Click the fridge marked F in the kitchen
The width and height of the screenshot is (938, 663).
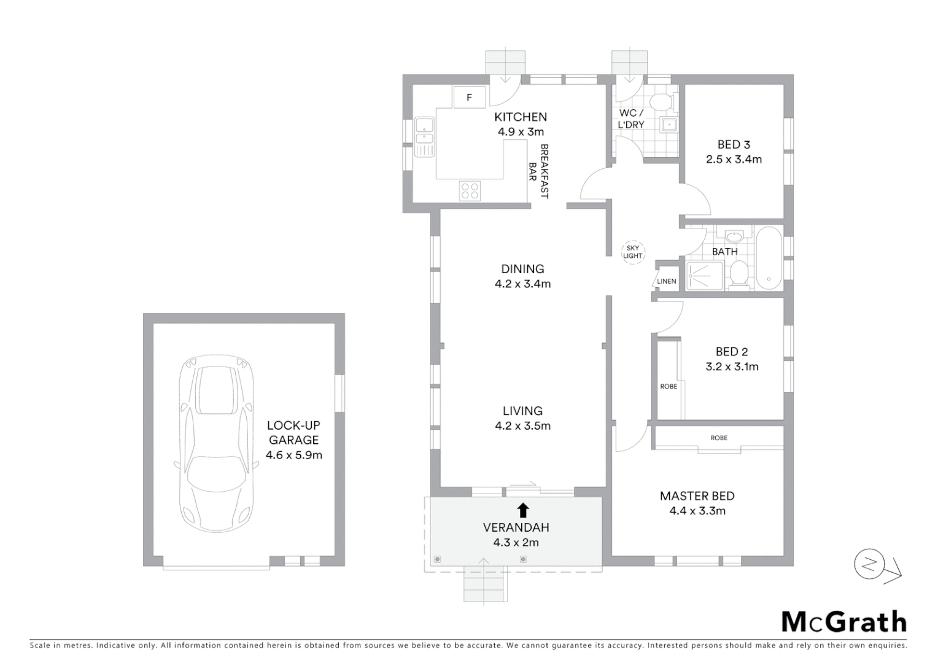pyautogui.click(x=470, y=97)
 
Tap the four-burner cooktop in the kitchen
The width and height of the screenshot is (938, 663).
pyautogui.click(x=470, y=191)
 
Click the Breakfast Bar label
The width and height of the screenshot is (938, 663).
pyautogui.click(x=538, y=171)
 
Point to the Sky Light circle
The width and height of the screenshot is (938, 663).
pyautogui.click(x=632, y=252)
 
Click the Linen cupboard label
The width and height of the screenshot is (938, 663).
pyautogui.click(x=667, y=281)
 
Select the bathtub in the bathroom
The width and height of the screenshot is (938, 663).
pyautogui.click(x=769, y=258)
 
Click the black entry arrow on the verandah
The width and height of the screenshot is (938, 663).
pyautogui.click(x=523, y=509)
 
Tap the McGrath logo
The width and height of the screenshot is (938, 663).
pyautogui.click(x=843, y=622)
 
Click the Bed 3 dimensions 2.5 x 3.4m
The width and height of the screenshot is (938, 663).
pyautogui.click(x=734, y=160)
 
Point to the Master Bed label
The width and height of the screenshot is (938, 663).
pyautogui.click(x=697, y=496)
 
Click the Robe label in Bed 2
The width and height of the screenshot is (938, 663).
pyautogui.click(x=669, y=386)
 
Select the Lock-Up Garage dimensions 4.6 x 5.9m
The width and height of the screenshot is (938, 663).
pyautogui.click(x=293, y=455)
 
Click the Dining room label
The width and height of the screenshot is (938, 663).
pyautogui.click(x=522, y=269)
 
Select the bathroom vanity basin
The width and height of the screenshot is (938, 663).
pyautogui.click(x=734, y=237)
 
